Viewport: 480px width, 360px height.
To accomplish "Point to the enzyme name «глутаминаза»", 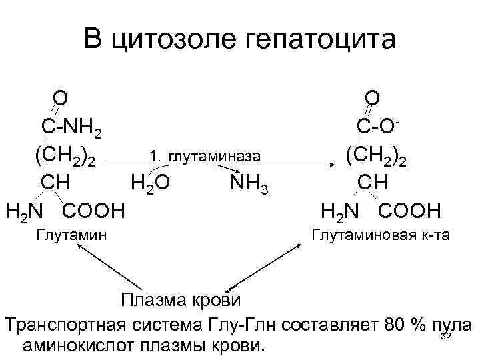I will click(213, 156).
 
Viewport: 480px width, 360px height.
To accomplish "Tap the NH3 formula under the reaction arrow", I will click(249, 182).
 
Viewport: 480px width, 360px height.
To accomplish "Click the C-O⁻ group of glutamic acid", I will click(377, 127).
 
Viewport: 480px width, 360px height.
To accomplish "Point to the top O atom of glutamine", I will click(59, 98).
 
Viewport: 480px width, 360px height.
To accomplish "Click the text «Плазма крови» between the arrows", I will click(181, 298).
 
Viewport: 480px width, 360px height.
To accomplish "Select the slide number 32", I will click(447, 337).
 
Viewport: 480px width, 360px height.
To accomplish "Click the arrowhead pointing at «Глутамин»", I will click(79, 245).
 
